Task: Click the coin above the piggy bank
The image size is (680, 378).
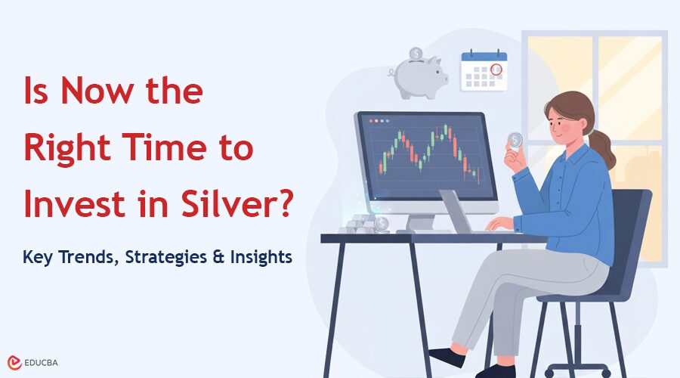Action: click(416, 54)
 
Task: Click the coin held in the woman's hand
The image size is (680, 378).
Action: click(516, 140)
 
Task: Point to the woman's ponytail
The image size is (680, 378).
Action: click(604, 147)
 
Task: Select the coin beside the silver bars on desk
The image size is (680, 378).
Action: click(382, 224)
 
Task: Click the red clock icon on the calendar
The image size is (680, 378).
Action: click(496, 70)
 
